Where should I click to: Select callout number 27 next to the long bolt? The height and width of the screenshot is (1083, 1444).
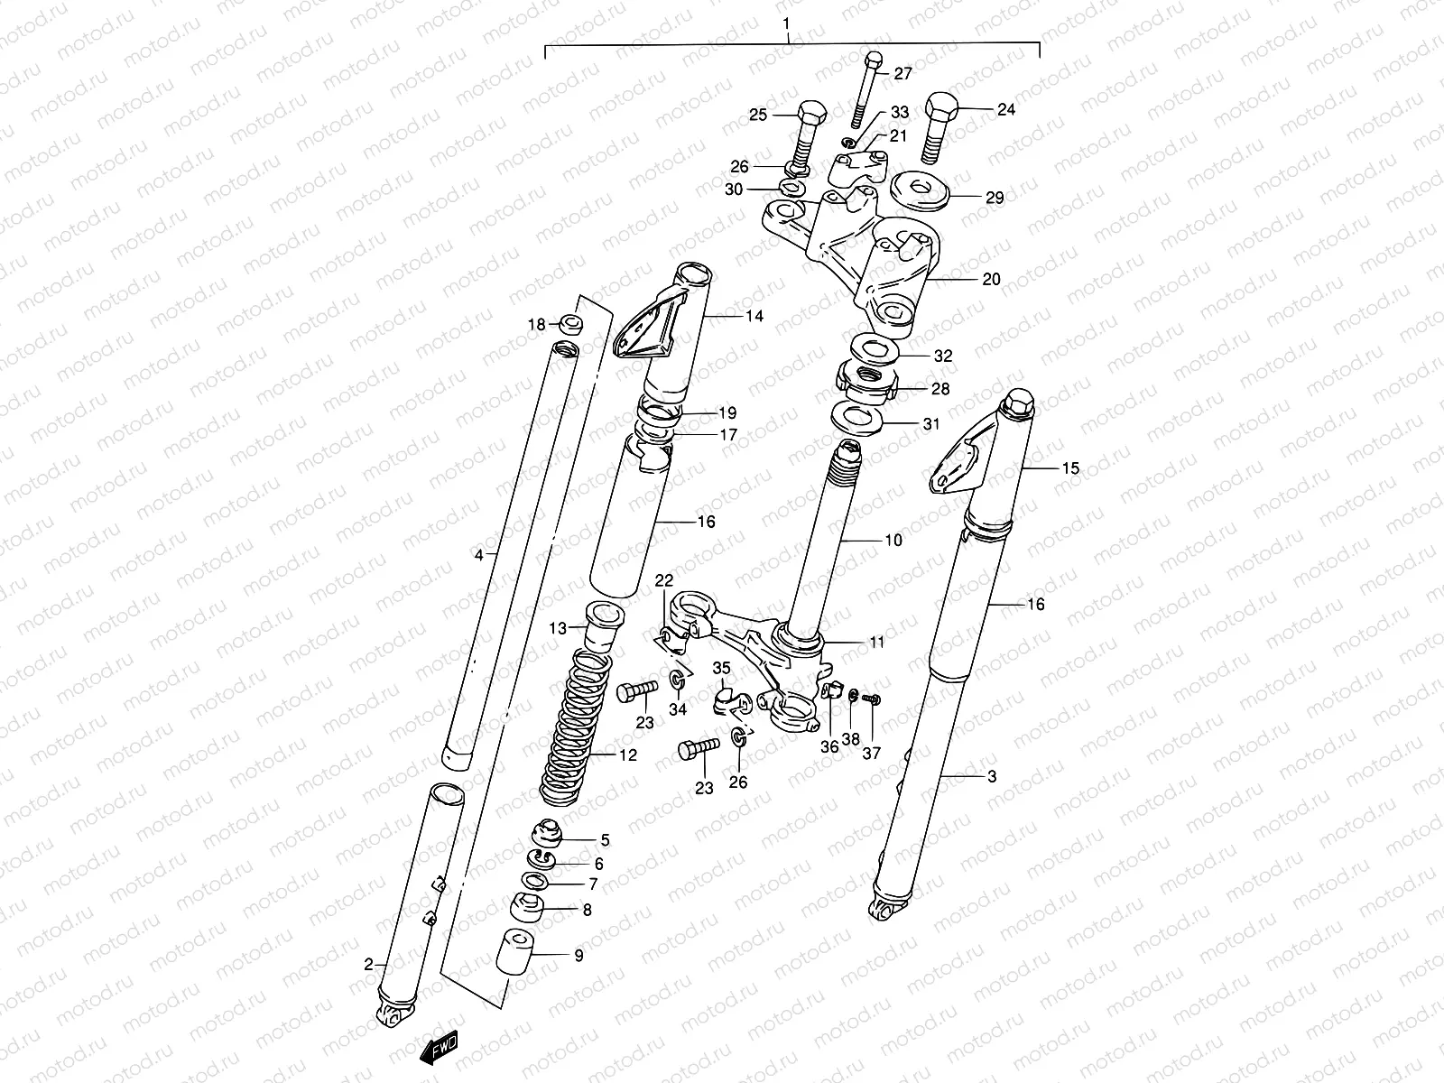[903, 75]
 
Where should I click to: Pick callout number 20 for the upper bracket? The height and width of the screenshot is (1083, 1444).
[991, 280]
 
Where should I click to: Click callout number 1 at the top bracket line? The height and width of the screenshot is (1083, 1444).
[787, 22]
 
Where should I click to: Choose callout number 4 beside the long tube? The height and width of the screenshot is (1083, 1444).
[480, 554]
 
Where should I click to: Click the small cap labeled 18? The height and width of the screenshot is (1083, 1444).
[570, 324]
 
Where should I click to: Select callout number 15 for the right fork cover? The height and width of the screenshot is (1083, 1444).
[1070, 468]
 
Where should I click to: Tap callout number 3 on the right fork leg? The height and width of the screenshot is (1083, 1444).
[991, 776]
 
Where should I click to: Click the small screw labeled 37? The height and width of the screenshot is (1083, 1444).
[871, 699]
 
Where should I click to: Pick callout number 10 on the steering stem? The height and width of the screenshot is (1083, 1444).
[893, 541]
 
